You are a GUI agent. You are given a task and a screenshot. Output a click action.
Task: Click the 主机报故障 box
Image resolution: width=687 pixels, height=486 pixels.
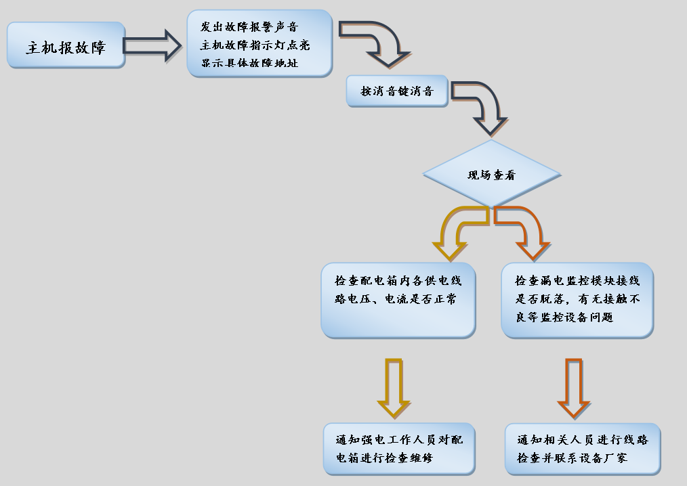pos(66,45)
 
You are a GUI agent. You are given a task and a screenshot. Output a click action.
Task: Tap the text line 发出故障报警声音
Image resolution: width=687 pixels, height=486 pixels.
pos(249,27)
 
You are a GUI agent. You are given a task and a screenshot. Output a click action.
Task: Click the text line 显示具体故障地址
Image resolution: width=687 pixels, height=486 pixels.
pos(249,64)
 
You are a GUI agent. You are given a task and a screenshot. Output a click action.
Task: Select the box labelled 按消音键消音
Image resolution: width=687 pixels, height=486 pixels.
pos(397,91)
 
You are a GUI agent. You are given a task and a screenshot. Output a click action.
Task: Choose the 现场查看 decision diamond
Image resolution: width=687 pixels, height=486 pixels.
pos(492,175)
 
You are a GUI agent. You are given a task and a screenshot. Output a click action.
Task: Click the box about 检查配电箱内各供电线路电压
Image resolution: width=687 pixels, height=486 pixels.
pos(398,300)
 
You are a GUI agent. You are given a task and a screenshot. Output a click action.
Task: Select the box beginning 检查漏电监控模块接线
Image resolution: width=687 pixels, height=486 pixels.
pos(577,300)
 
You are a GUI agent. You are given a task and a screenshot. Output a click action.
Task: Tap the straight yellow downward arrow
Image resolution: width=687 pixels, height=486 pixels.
pos(394,387)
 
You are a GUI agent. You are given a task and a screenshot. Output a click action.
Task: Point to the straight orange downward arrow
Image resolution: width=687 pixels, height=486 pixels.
pos(573,387)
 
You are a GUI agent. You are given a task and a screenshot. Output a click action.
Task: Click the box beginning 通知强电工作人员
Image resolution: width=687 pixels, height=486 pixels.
pos(398,448)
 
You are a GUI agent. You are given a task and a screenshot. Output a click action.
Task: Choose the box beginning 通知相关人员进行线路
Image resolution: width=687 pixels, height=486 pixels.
pos(582,448)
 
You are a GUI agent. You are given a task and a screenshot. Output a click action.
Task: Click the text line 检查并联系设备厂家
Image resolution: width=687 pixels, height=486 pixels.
pos(572,458)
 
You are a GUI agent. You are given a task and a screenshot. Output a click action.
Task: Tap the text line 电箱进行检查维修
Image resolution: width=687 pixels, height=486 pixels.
pos(380,458)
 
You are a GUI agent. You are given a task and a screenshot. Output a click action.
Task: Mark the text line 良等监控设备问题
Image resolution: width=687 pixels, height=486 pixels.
pos(564,317)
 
